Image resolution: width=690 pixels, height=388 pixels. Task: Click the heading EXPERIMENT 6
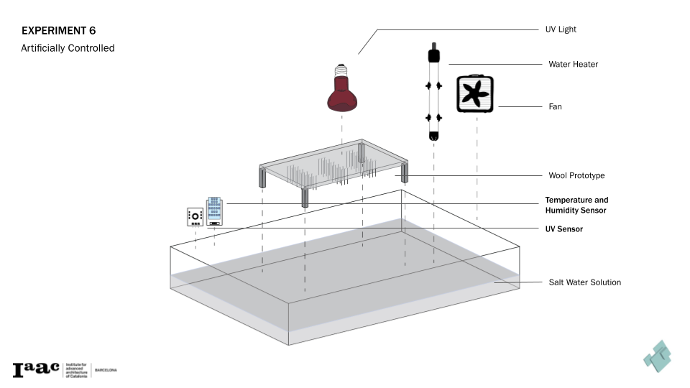[58, 31]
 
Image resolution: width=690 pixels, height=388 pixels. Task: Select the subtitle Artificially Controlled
[68, 49]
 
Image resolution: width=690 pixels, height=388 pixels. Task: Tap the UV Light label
[562, 29]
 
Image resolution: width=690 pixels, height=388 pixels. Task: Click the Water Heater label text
[573, 64]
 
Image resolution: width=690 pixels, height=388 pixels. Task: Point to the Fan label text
[555, 106]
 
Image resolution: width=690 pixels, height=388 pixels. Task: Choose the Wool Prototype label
[576, 175]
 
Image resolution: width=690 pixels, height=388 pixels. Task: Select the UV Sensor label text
[563, 229]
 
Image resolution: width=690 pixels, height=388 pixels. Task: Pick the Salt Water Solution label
[584, 282]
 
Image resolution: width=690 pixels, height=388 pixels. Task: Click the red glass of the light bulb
[342, 98]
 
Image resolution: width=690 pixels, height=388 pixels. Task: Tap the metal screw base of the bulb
[342, 72]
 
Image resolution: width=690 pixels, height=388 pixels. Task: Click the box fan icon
[475, 94]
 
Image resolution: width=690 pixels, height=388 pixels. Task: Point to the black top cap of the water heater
[433, 55]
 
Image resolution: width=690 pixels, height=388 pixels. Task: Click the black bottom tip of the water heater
[433, 135]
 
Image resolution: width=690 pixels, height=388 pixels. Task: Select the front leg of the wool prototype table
[305, 198]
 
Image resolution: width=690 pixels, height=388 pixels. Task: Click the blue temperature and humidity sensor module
[214, 211]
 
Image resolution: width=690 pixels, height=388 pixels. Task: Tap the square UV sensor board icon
[195, 216]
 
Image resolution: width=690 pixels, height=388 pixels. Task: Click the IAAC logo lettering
[36, 369]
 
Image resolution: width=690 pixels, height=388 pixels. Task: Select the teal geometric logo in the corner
[657, 355]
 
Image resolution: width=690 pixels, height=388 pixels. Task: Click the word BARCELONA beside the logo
[106, 370]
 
